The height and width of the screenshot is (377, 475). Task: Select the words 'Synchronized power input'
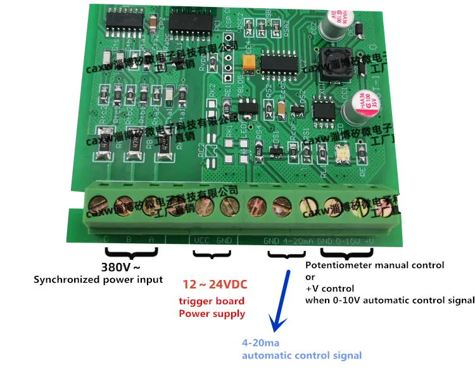click(x=98, y=279)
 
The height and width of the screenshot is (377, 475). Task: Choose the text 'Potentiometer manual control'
click(x=374, y=265)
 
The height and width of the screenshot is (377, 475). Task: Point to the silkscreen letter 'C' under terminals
click(x=106, y=238)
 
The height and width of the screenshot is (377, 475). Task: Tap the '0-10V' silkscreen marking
click(x=348, y=241)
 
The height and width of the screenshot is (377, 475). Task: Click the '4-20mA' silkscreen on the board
click(x=298, y=241)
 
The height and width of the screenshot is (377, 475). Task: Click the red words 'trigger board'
click(x=212, y=301)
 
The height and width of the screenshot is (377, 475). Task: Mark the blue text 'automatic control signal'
click(x=302, y=355)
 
